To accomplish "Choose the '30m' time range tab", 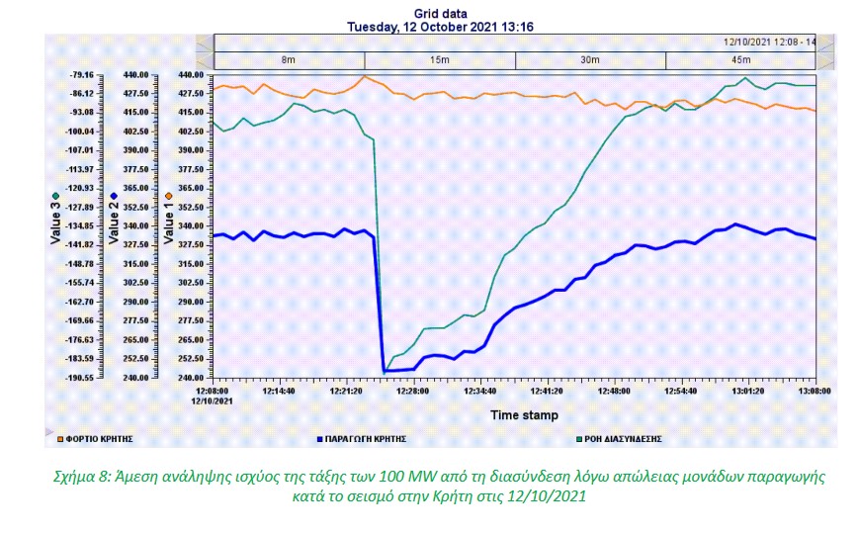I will tap(590, 60).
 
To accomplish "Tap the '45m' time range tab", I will tap(740, 60).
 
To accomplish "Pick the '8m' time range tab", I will tap(288, 60).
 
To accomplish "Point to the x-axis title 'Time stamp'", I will tap(524, 415).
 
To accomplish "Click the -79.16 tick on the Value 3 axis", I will tap(80, 75).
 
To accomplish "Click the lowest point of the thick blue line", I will tap(385, 371).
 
